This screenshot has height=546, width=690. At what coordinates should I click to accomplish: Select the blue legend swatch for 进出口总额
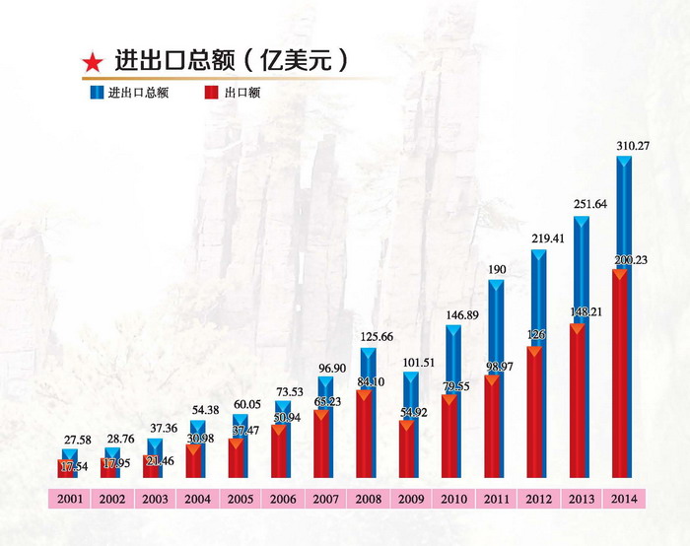click(97, 94)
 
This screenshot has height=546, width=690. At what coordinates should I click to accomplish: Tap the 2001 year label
click(68, 500)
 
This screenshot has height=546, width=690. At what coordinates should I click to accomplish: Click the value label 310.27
click(633, 147)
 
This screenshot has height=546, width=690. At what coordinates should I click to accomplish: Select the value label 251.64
click(590, 205)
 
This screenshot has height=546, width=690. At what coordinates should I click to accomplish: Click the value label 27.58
click(80, 438)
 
